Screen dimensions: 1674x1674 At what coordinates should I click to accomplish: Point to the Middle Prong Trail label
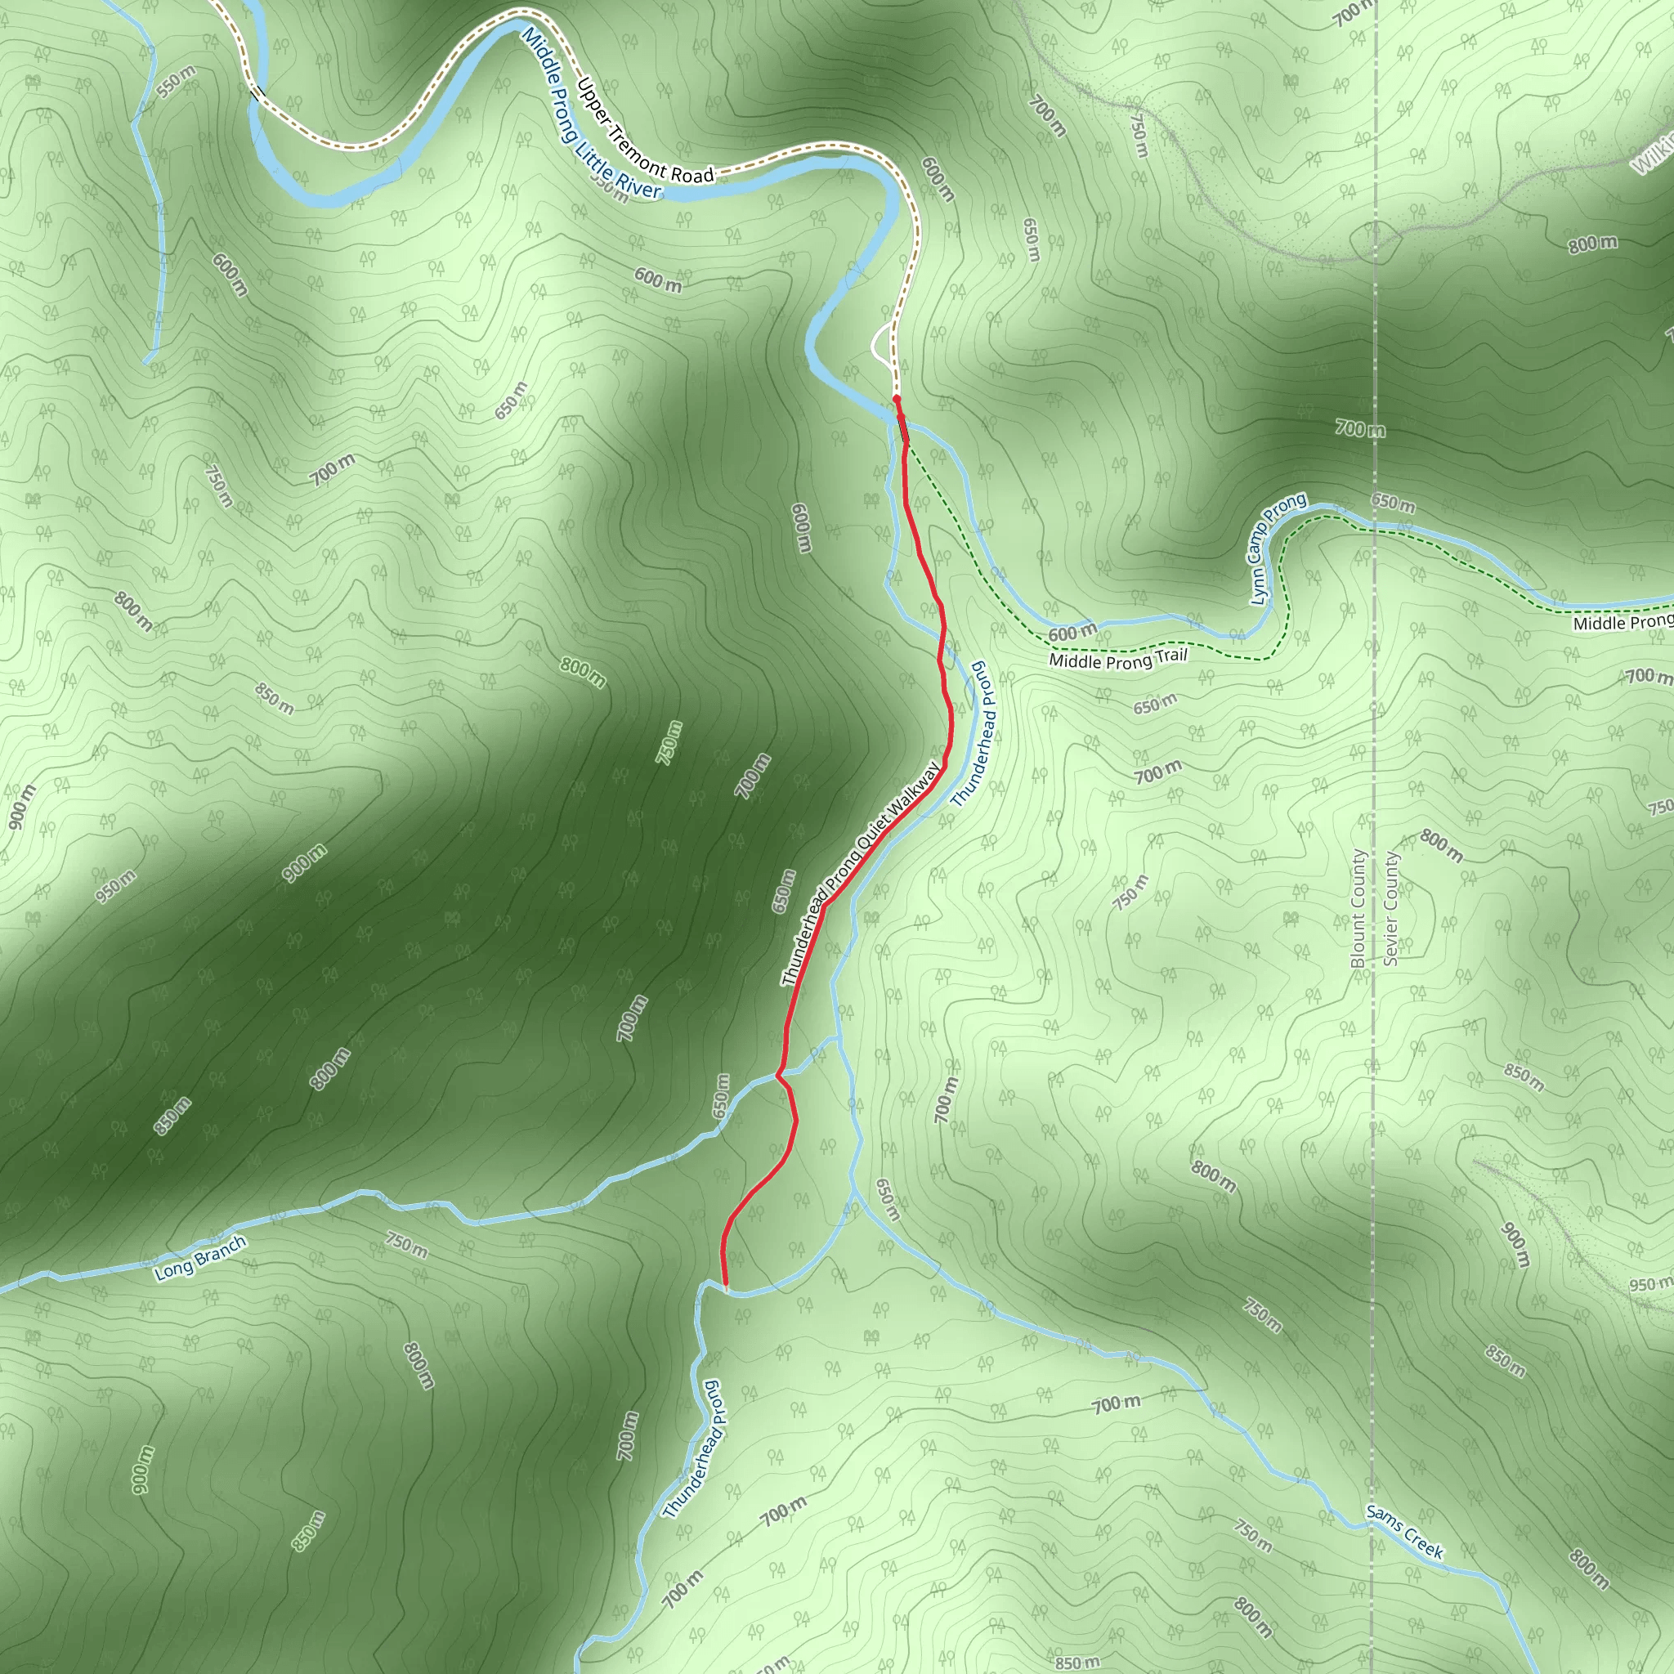click(1117, 660)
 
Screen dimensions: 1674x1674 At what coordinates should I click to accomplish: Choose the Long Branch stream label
click(200, 1257)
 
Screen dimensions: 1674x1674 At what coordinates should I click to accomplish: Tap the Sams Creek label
click(1404, 1531)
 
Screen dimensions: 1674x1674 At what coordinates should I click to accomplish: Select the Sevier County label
click(1390, 908)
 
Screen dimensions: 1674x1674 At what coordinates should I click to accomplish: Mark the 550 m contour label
click(177, 82)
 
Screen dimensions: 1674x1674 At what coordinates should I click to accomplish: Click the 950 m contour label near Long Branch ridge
click(116, 886)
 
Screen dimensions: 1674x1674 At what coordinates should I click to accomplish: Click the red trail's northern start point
click(897, 399)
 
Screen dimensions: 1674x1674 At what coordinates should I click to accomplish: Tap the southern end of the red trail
click(725, 1287)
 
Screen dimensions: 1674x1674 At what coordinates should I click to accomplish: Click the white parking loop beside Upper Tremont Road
click(880, 347)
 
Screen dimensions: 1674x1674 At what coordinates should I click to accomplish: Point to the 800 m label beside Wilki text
click(1591, 244)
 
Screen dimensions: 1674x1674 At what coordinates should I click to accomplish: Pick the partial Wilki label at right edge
click(1652, 154)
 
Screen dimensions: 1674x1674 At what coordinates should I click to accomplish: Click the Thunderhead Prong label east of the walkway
click(974, 734)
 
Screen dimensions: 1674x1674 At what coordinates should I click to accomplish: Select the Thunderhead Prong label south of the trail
click(693, 1448)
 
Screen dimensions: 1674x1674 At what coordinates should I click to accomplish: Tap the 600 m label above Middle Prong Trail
click(1072, 632)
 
